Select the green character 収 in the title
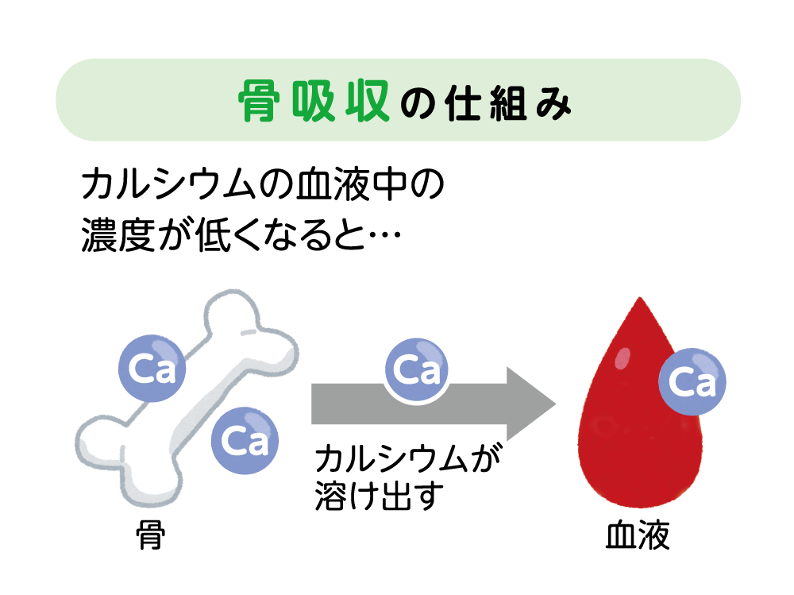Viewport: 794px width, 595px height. tap(362, 101)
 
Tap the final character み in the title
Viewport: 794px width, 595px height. tap(553, 103)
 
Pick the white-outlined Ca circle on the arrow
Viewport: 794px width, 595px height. tap(417, 370)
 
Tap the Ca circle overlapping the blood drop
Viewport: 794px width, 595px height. tap(693, 382)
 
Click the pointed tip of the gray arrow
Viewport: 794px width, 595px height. tap(553, 404)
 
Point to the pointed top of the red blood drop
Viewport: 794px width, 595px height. tap(639, 300)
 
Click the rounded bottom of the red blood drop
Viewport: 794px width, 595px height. tap(639, 505)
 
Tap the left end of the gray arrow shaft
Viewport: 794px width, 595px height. tap(314, 404)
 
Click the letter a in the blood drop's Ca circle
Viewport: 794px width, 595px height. tap(706, 384)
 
